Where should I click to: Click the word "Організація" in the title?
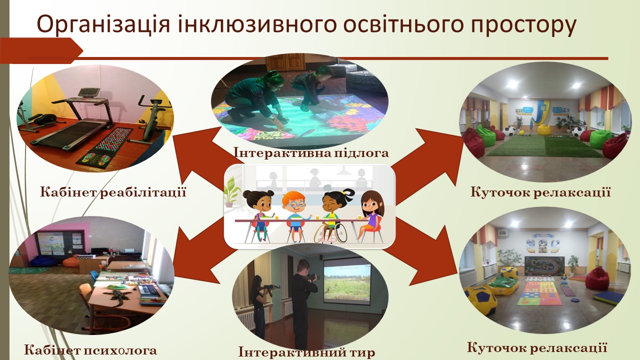click(x=103, y=25)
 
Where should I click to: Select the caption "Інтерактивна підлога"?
click(x=311, y=152)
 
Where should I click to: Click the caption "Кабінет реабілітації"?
click(x=113, y=191)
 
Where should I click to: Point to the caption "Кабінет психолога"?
click(x=90, y=349)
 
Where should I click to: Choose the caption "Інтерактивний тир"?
click(x=306, y=352)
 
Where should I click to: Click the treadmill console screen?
click(x=89, y=92)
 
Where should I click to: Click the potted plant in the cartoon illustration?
click(x=231, y=191)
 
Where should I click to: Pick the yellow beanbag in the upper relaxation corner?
click(x=543, y=129)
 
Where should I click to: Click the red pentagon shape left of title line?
click(x=41, y=50)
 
